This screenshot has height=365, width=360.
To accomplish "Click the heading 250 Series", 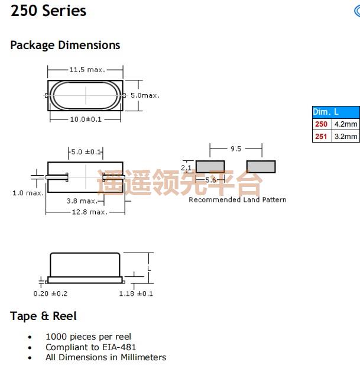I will tap(48, 11).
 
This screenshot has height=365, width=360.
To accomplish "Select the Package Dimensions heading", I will tap(65, 45).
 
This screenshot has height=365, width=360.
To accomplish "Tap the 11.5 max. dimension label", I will tap(87, 70).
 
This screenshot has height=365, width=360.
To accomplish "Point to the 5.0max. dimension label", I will tap(145, 95).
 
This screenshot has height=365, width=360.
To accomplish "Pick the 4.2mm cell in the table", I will tap(346, 124).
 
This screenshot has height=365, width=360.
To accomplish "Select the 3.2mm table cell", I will tap(346, 136).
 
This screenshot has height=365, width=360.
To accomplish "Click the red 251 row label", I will tap(321, 136).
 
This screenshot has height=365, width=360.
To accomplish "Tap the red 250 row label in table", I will tap(321, 124).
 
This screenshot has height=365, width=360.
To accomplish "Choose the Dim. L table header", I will tap(326, 112).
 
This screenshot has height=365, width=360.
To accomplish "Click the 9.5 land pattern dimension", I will tap(235, 148).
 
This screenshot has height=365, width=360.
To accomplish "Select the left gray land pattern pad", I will tap(210, 166).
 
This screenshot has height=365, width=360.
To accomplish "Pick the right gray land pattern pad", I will tap(261, 166).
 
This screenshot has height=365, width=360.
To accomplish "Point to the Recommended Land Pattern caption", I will tap(238, 199).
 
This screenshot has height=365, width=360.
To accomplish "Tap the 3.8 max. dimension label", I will tap(81, 201).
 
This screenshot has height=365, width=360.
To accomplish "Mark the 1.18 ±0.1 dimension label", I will tap(135, 293).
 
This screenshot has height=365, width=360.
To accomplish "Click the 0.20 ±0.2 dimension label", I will tap(50, 293).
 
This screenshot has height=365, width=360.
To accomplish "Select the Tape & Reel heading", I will tap(43, 316).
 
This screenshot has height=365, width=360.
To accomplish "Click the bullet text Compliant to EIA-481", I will tap(90, 347).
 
